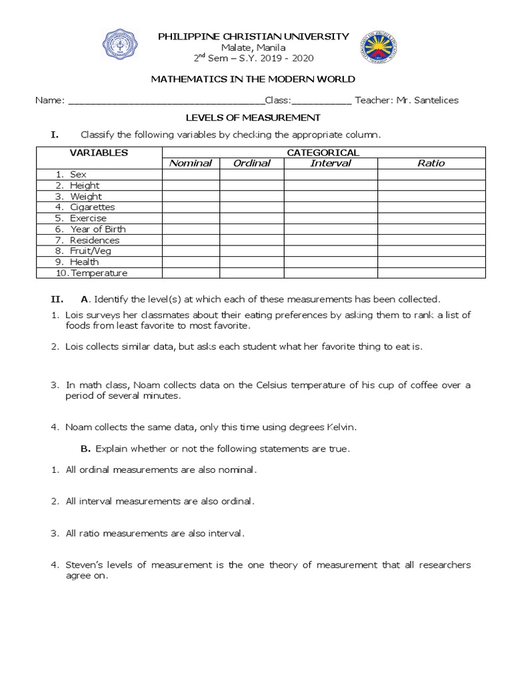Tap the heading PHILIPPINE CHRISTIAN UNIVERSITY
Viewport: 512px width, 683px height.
[x=253, y=36]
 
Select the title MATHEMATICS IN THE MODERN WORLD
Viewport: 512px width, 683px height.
[x=253, y=79]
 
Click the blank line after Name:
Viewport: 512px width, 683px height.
[x=167, y=101]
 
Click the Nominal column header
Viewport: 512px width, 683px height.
[x=191, y=163]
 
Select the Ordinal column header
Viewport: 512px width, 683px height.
[x=251, y=163]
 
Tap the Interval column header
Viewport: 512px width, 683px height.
[x=331, y=163]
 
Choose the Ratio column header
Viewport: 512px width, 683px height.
[x=431, y=163]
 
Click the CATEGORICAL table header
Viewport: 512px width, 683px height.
[x=323, y=153]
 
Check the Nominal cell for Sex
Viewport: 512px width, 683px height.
[x=191, y=174]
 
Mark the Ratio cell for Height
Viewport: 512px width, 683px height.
[x=431, y=185]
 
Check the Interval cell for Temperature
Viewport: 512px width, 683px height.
[x=331, y=273]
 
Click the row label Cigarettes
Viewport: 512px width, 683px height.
[x=93, y=207]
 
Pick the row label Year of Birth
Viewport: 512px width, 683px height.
[x=98, y=229]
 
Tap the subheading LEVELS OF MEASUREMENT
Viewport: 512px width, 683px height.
[x=253, y=117]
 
